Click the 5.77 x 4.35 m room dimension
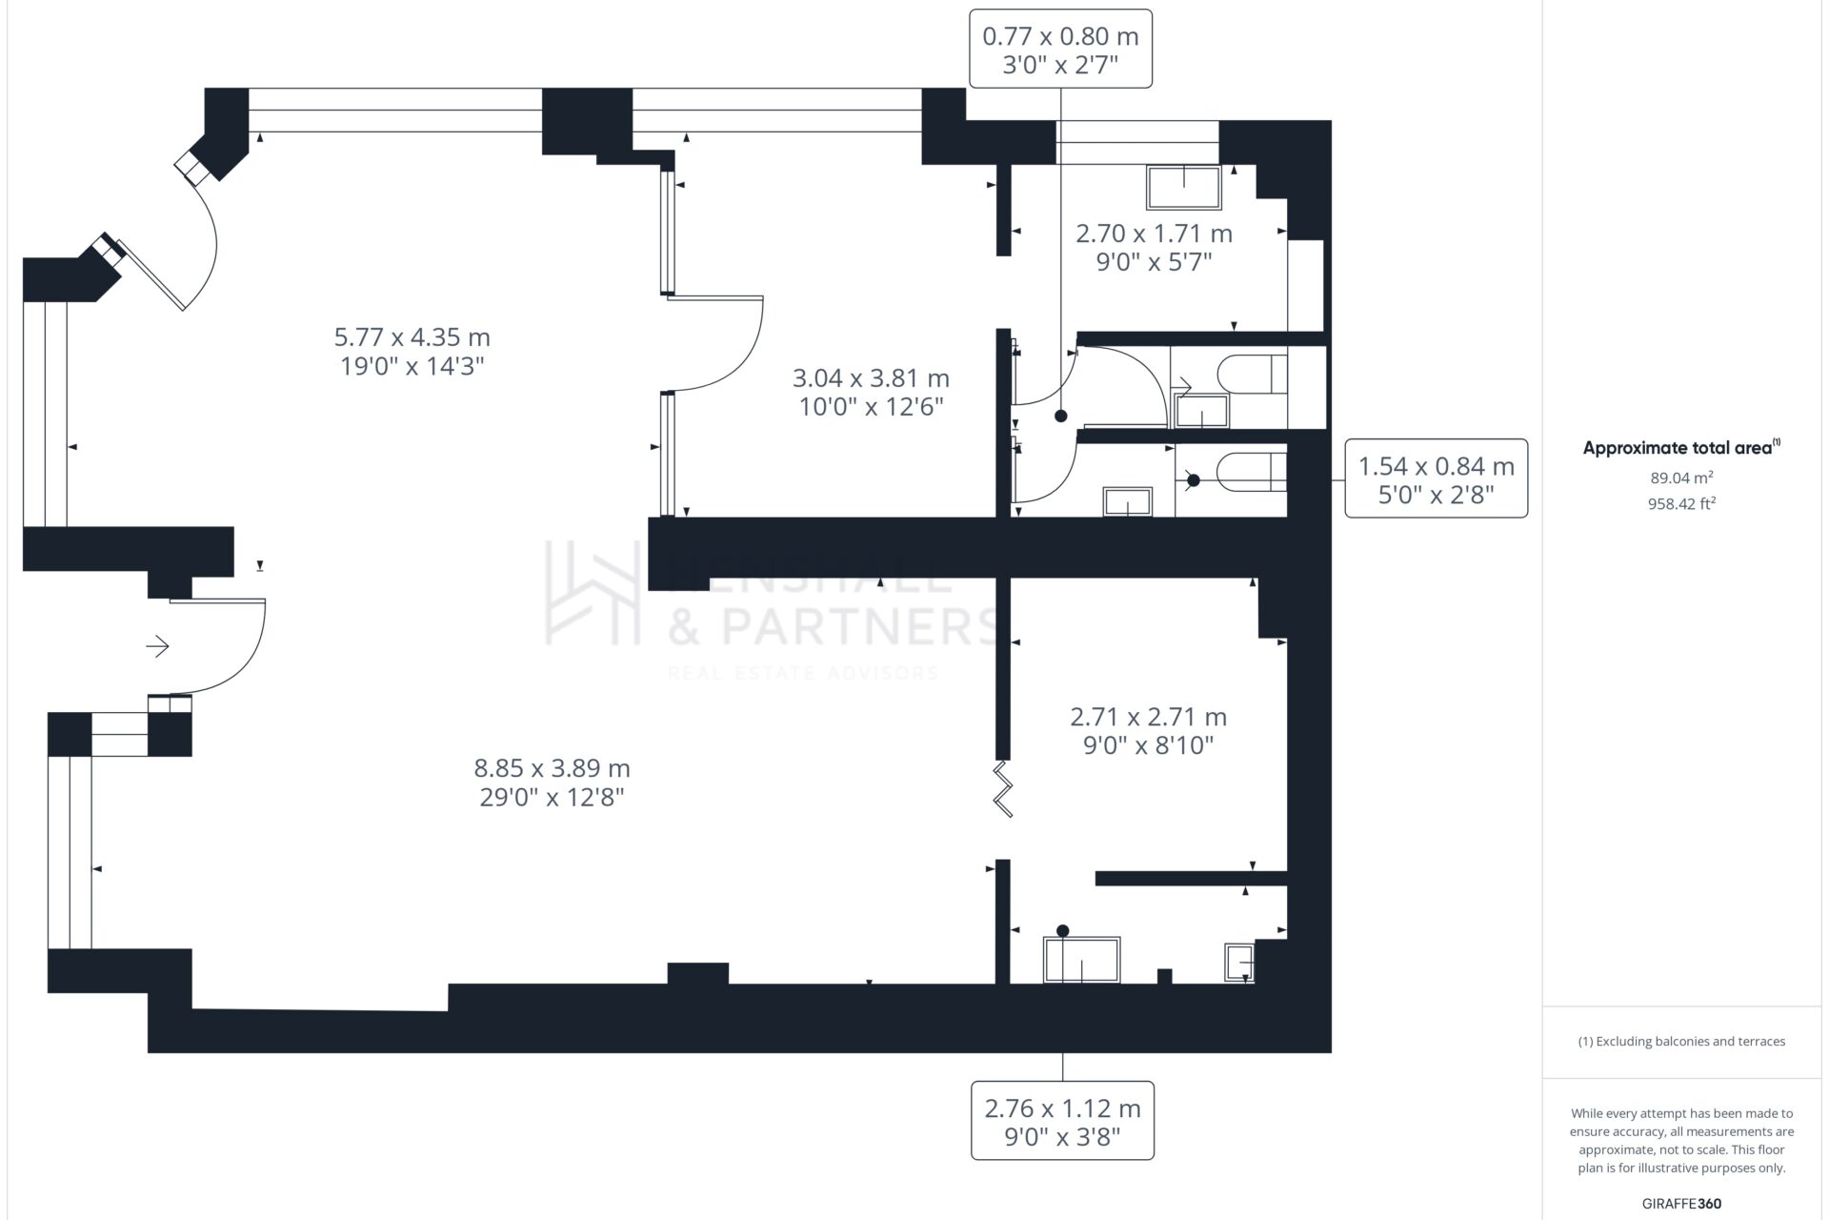(412, 351)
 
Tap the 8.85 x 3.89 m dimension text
(553, 782)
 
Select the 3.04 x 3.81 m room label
(871, 392)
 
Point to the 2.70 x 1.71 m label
(1154, 247)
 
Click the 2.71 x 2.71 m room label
(1148, 730)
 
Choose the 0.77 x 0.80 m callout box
(1060, 49)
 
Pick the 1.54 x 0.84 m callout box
(1436, 478)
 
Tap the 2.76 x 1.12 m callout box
(1062, 1121)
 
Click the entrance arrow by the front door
(157, 647)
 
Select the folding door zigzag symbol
(1003, 788)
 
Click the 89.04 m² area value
(1681, 478)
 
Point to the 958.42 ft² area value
(1681, 503)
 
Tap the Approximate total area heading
(1681, 448)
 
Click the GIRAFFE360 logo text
(1681, 1204)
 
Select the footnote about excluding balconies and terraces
(1681, 1041)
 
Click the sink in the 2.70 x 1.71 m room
(1184, 188)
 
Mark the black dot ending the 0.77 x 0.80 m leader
(1060, 417)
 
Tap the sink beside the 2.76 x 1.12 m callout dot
(1082, 960)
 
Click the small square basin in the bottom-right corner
(1239, 963)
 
